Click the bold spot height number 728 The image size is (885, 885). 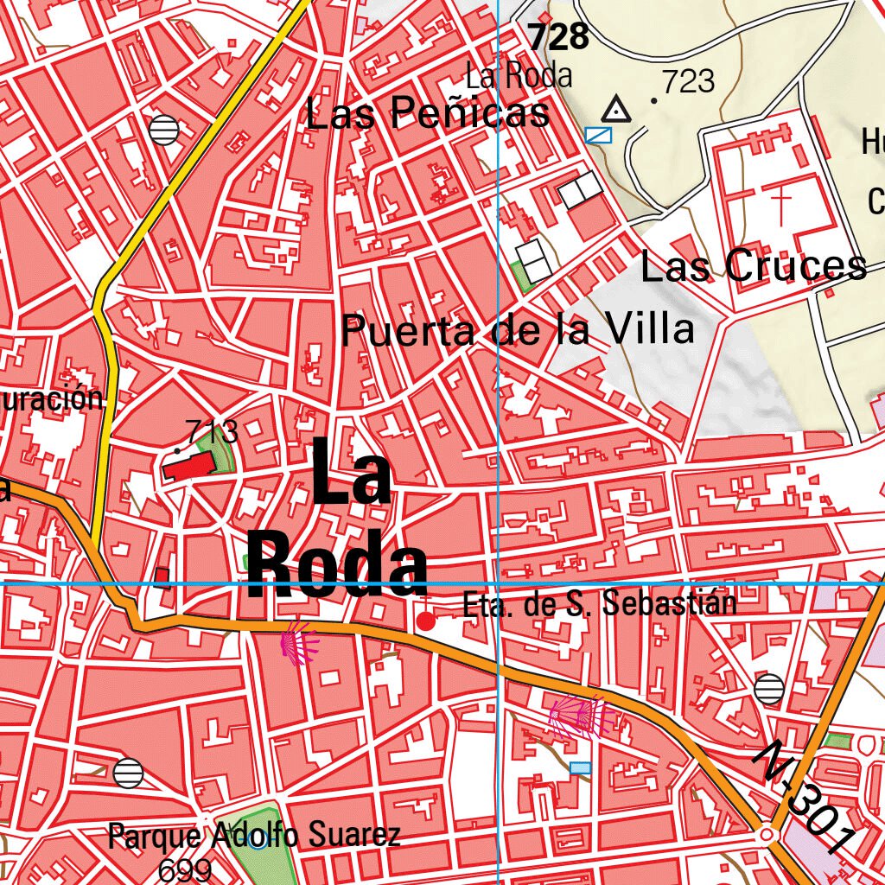click(x=558, y=37)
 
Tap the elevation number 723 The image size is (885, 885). click(x=689, y=81)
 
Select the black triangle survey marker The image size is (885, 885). click(x=615, y=110)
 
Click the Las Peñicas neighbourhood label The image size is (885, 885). click(x=428, y=113)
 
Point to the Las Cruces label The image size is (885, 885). click(x=753, y=266)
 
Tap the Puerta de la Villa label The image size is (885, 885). click(x=518, y=330)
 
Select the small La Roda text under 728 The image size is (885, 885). click(x=519, y=76)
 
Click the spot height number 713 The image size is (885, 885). click(x=211, y=430)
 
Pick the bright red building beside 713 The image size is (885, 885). click(x=188, y=468)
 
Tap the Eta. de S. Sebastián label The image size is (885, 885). click(x=600, y=603)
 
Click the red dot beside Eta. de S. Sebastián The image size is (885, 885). click(x=426, y=621)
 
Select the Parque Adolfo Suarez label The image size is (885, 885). click(x=254, y=836)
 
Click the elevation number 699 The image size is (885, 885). click(x=185, y=869)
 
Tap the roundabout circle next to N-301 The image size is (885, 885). click(x=766, y=836)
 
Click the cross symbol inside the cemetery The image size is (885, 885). click(x=781, y=202)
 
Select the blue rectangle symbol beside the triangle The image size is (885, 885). click(x=598, y=134)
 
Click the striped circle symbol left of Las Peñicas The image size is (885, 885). click(x=163, y=130)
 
